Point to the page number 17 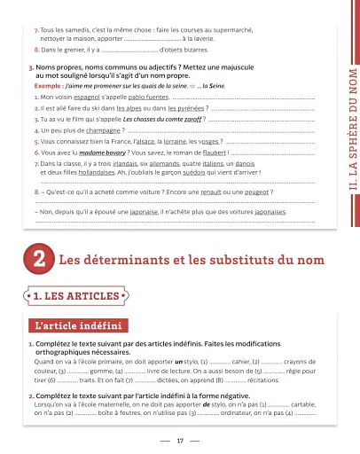pos(180,440)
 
